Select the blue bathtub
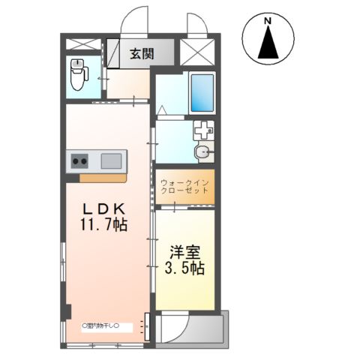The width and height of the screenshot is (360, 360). coord(201,92)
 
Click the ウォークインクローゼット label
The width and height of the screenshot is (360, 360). coord(185,186)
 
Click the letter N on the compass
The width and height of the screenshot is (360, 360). coord(268,22)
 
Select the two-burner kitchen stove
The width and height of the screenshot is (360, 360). coord(80,160)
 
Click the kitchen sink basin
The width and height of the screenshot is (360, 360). coord(110,160)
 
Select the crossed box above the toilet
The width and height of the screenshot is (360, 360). coord(82,44)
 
